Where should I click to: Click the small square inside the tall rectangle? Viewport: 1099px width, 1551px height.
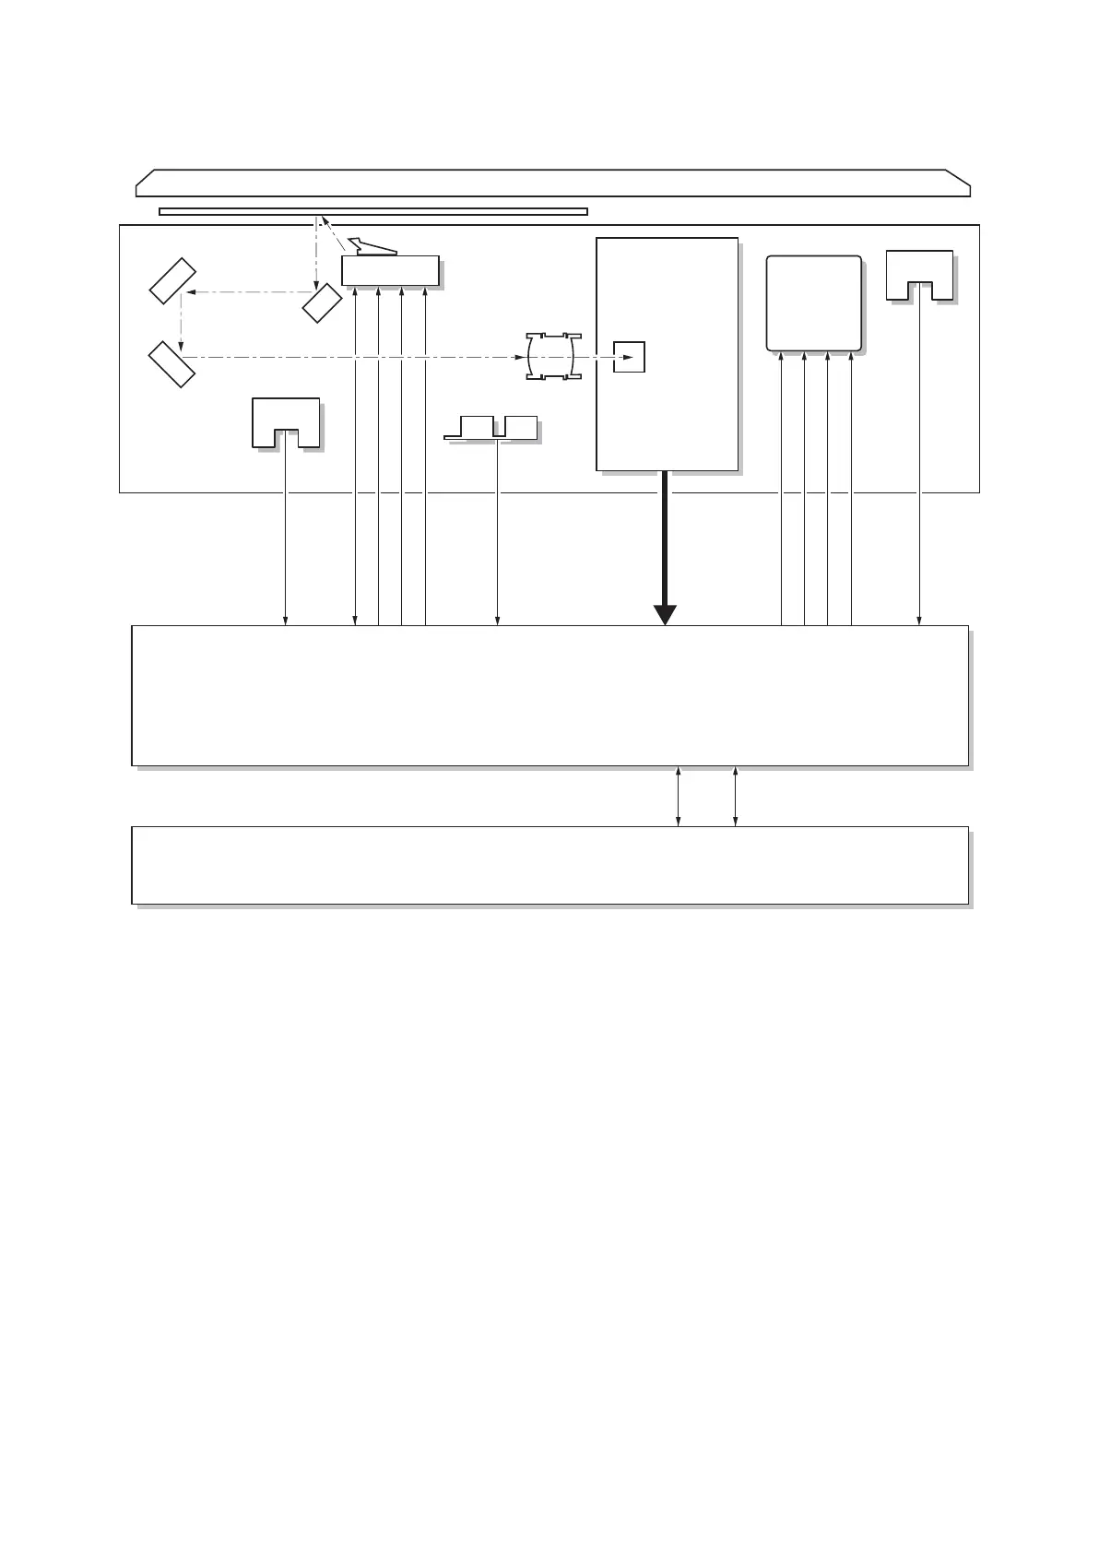pos(630,356)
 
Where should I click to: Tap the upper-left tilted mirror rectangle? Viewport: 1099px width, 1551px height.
pos(173,281)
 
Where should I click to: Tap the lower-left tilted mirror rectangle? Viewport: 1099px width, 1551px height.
pos(172,364)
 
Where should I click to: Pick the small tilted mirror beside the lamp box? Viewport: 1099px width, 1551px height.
pos(322,303)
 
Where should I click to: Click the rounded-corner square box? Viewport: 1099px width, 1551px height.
pos(814,303)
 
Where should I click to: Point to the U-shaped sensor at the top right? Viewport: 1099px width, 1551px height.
pos(919,275)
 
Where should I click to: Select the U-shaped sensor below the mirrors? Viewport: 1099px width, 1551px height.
pos(286,422)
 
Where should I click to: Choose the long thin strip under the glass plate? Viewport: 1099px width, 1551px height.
pos(373,211)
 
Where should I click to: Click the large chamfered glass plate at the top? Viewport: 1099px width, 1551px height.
pos(552,183)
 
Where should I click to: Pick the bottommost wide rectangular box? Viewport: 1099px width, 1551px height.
pos(549,865)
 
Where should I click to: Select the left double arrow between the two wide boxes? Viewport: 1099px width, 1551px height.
pos(679,796)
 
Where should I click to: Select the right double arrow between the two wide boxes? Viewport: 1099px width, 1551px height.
pos(735,796)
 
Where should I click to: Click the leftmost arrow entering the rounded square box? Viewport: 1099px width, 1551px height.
pos(782,489)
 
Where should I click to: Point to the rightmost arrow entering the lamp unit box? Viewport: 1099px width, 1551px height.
pos(425,456)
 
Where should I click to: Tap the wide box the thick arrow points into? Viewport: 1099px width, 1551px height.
pos(549,695)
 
